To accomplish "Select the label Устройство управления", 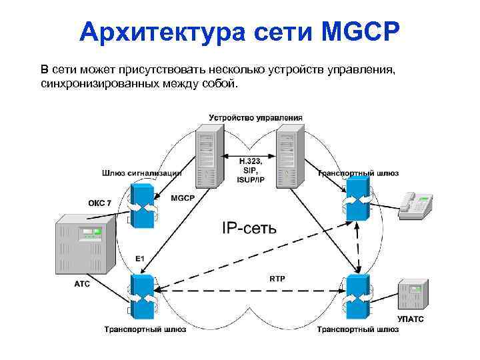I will tap(256, 117).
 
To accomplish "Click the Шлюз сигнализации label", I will tap(141, 173).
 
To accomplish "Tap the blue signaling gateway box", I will tap(143, 201).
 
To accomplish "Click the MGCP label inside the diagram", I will tap(182, 198).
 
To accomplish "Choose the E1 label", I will tap(140, 258).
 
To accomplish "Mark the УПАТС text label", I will tap(410, 319).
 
